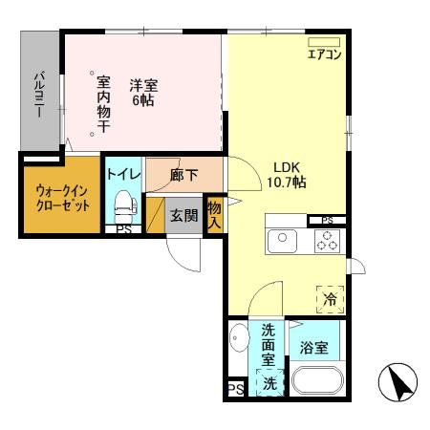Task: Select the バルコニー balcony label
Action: [x=40, y=93]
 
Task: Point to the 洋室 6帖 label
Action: [x=143, y=90]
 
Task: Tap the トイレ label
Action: [x=123, y=175]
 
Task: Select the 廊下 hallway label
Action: [x=183, y=175]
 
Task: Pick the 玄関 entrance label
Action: [x=183, y=215]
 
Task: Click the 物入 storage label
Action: [x=214, y=214]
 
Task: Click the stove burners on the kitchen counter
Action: [x=328, y=241]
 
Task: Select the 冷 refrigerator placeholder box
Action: [x=329, y=298]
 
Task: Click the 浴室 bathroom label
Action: [x=315, y=348]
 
